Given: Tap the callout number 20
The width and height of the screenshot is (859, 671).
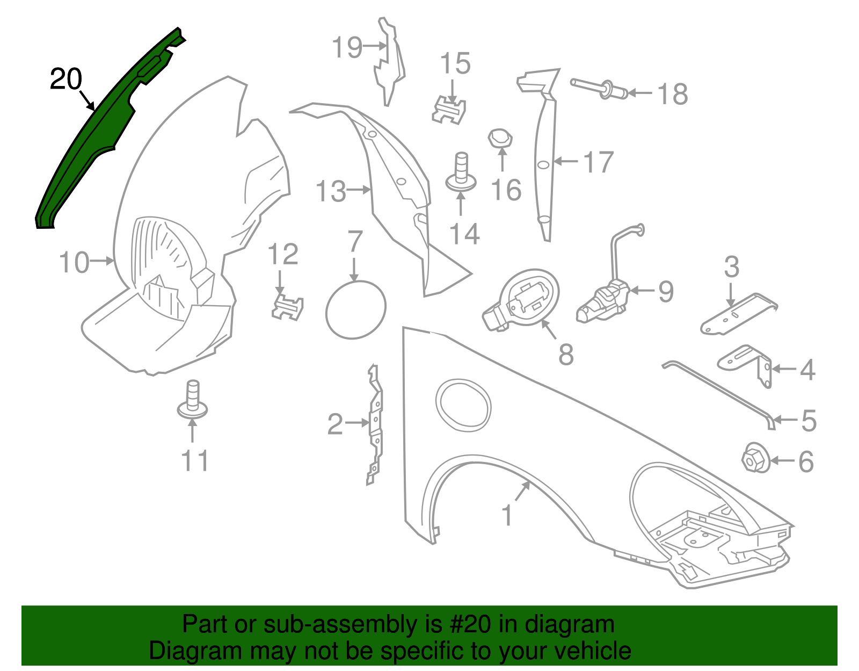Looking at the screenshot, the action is point(66,79).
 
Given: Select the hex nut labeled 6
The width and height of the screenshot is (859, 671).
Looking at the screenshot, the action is point(755,458).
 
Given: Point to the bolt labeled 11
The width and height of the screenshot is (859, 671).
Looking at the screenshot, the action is point(192,400).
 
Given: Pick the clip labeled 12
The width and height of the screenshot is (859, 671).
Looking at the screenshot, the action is point(288,307).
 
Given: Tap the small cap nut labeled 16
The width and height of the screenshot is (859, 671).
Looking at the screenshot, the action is point(500,139).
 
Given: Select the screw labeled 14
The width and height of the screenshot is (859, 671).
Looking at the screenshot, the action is point(461,172).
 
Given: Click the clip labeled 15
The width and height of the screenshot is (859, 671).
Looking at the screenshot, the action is point(449,110).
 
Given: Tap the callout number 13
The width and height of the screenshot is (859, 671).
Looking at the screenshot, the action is point(331,191).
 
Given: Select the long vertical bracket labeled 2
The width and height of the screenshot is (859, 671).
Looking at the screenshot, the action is point(375,424).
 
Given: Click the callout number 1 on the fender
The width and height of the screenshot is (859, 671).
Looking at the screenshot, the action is point(507,515).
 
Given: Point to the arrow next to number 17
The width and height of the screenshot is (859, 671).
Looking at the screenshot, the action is point(565,161).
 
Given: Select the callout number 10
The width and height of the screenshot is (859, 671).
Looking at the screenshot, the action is point(75,262).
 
